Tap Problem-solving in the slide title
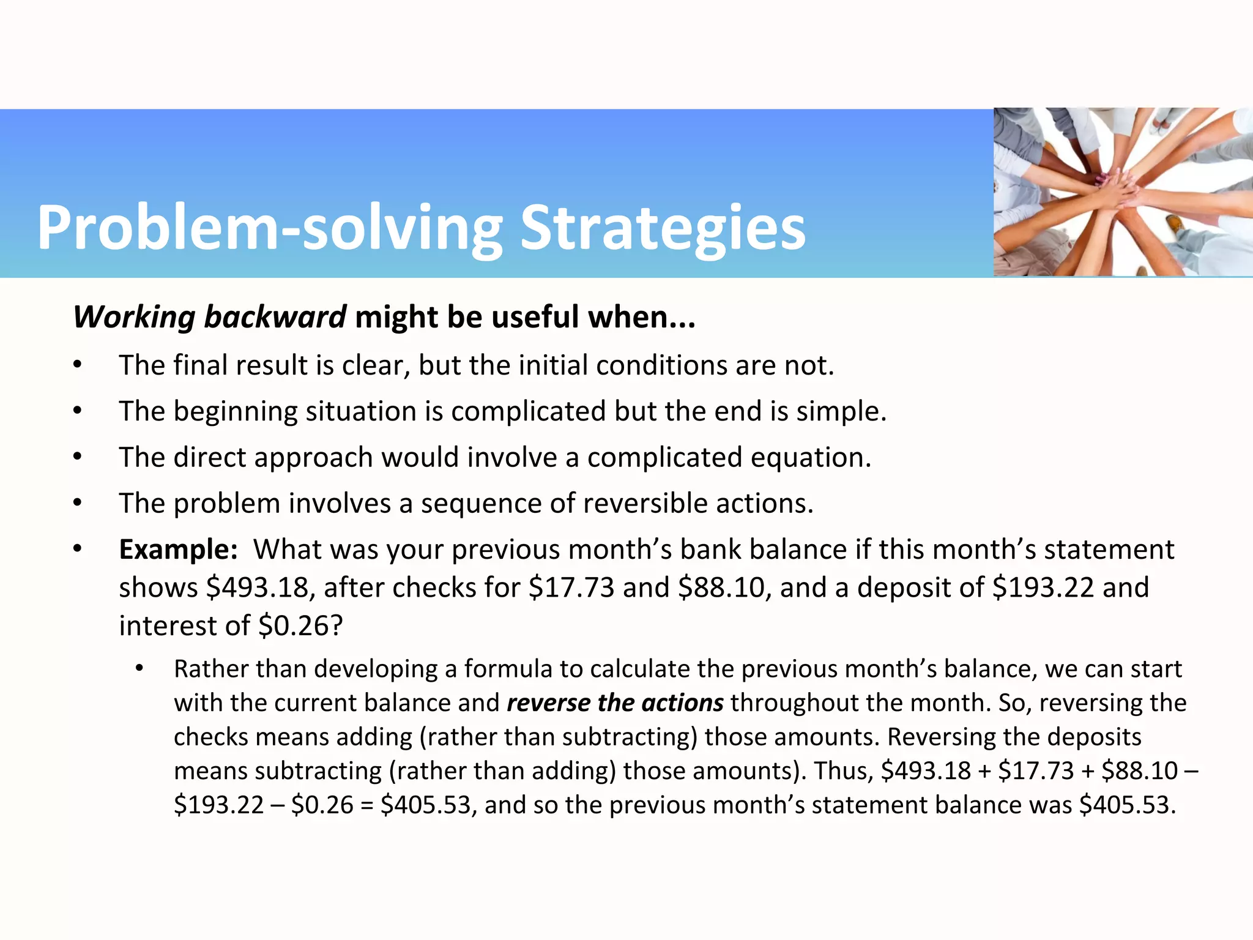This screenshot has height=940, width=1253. [x=269, y=228]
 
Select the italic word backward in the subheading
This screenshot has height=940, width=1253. [x=275, y=317]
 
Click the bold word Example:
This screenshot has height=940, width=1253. [x=178, y=549]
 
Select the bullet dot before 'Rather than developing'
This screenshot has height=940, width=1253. [x=139, y=669]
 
